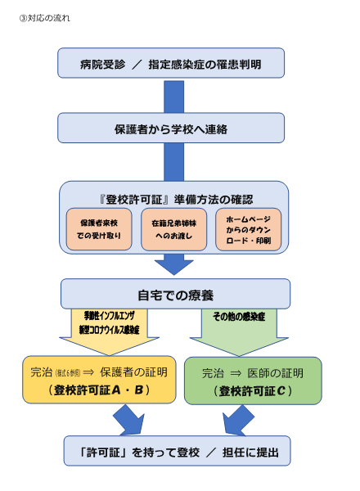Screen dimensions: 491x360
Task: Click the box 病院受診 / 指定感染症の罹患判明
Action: (x=171, y=63)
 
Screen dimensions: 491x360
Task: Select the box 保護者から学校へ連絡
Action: (x=171, y=128)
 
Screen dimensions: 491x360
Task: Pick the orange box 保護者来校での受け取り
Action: (x=97, y=229)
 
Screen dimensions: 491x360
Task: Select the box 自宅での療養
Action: (x=175, y=294)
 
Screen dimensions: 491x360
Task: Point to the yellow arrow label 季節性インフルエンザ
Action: (x=109, y=315)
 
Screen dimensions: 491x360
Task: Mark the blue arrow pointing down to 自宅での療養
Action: (x=173, y=263)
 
